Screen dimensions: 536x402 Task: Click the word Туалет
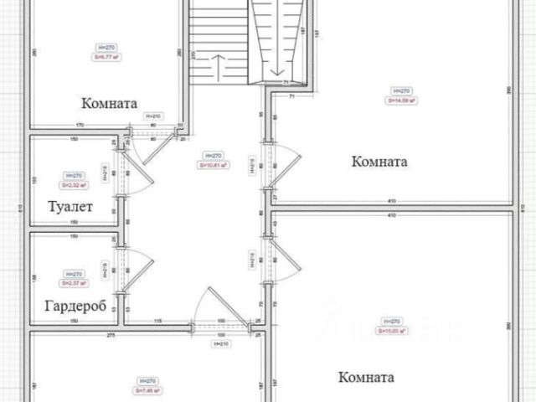[x=70, y=207]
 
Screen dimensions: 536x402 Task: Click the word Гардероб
[x=75, y=306]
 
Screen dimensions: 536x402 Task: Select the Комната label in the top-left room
[x=109, y=104]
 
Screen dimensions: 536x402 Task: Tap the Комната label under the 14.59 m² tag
[x=379, y=162]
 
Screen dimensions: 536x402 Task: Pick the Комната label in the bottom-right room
[x=366, y=377]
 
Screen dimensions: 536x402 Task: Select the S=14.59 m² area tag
[x=401, y=100]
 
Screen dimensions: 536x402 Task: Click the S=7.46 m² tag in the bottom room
[x=147, y=390]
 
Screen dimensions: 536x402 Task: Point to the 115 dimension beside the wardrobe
[x=157, y=322]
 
